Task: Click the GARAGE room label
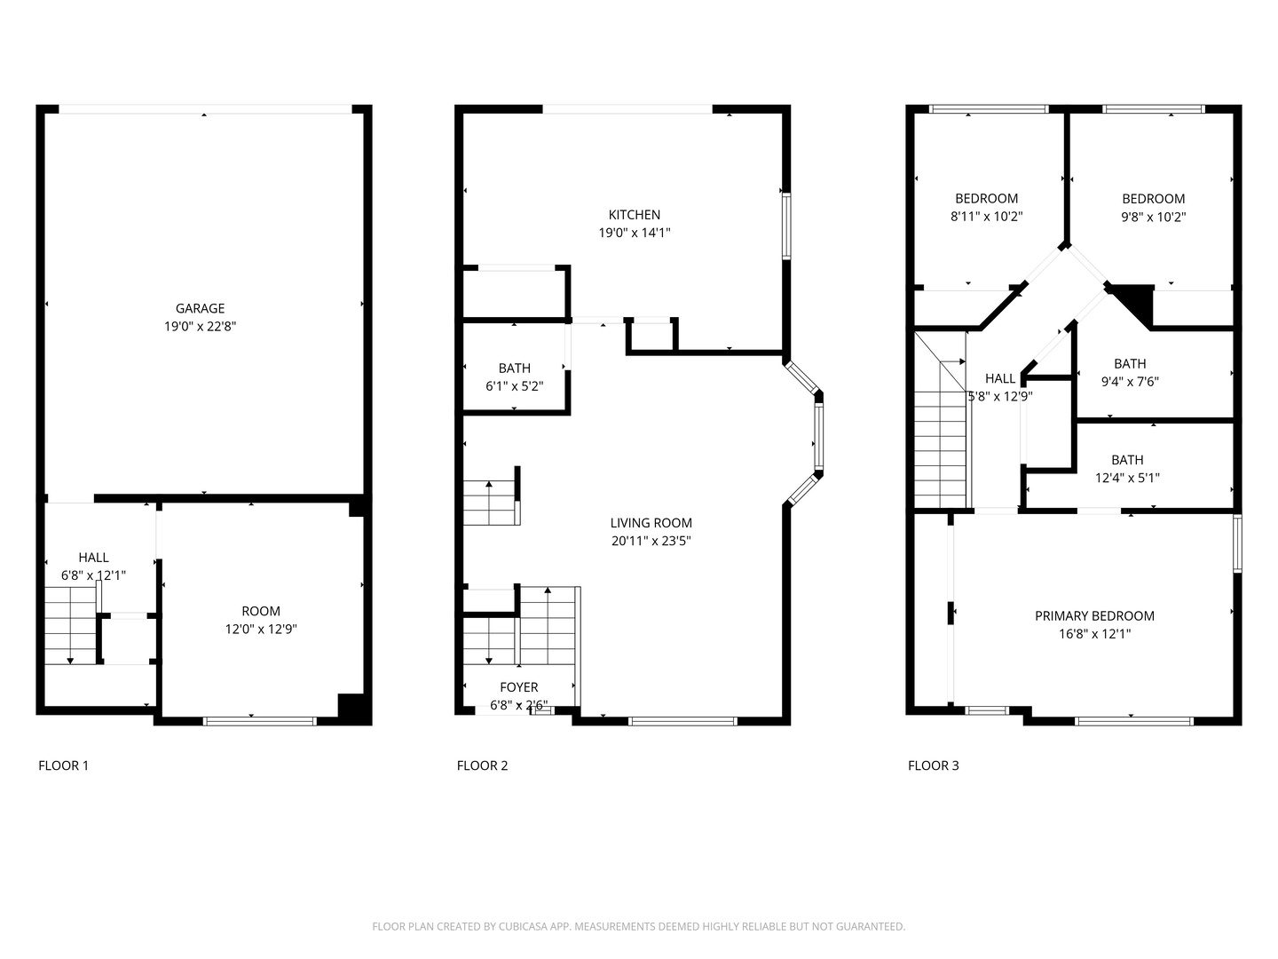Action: click(200, 308)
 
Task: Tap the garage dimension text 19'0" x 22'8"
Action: click(200, 326)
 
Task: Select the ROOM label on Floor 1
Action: click(261, 611)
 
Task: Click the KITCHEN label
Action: click(634, 214)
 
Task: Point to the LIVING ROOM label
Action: click(651, 523)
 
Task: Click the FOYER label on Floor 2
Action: click(518, 687)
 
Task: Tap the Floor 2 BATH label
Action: click(514, 368)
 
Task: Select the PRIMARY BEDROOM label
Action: click(1094, 615)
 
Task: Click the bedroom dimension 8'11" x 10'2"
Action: click(986, 216)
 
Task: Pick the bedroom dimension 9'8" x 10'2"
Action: click(1153, 216)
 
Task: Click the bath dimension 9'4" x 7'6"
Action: click(1130, 382)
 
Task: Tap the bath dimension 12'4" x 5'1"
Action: click(1127, 478)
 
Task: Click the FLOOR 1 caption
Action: click(63, 765)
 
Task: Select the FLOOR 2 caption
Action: click(482, 765)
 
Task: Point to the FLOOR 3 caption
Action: click(933, 765)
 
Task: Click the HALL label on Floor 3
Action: click(1000, 378)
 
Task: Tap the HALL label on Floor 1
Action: click(93, 558)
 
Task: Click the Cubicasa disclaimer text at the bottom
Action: click(638, 926)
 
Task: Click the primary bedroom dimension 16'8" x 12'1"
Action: click(1094, 634)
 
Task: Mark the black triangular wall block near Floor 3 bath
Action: click(1137, 302)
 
